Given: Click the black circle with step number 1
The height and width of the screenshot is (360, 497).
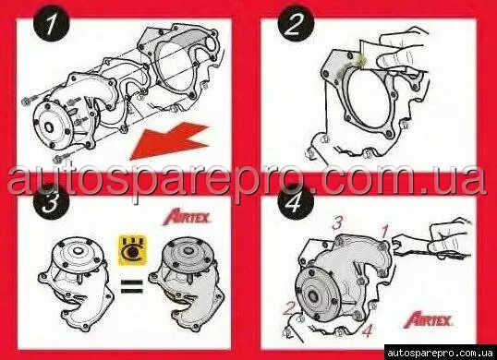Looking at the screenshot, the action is point(52,23).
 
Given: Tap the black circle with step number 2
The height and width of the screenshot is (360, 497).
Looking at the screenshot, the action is point(296,23).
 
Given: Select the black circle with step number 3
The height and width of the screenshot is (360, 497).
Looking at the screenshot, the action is point(52,201).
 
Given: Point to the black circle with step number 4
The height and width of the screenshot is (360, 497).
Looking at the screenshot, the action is point(296,201).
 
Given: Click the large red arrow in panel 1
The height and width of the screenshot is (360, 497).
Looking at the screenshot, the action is point(169,141).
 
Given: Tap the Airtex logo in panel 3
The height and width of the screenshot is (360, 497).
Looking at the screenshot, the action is point(187,217).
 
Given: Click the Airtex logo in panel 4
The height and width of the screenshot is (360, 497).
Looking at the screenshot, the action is point(429,319).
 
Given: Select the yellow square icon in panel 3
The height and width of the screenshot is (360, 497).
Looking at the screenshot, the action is point(133,250).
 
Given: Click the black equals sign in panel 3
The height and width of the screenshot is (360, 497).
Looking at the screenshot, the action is point(132,286).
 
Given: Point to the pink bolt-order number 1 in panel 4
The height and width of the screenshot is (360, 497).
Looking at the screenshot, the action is point(384,233).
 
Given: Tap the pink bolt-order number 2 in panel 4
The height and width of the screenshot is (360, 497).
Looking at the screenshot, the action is point(289,308).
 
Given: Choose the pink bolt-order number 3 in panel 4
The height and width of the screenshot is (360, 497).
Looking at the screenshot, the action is point(337,222).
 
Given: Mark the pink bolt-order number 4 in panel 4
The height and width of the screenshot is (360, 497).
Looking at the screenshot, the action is point(367,331).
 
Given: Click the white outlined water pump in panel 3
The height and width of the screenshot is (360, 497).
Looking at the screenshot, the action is point(76,282).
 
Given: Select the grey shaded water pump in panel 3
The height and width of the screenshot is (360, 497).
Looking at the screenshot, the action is point(188,282).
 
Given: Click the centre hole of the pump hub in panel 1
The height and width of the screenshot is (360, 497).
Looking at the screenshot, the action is point(49,127).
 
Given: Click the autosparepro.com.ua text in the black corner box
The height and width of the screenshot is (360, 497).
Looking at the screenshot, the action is point(440,353).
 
